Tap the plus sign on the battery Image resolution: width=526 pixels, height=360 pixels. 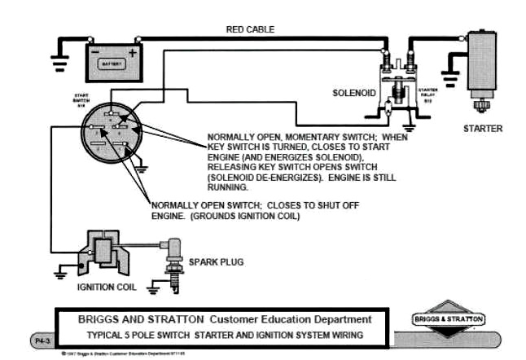[132, 50]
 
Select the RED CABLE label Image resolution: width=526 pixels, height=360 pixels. [250, 29]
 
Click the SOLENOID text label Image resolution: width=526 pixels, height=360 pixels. [353, 93]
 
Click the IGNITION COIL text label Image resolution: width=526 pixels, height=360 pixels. [106, 287]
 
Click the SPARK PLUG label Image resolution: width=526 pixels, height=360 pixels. [216, 262]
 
